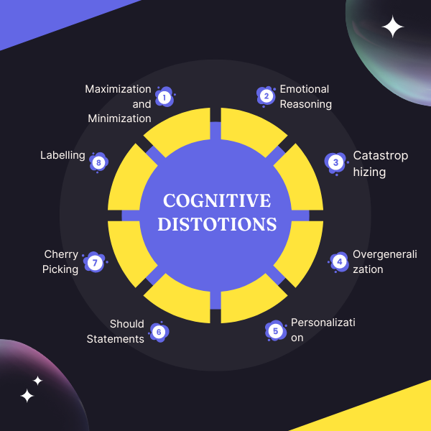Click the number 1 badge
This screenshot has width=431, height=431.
(x=164, y=97)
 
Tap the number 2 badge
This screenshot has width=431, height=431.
(x=266, y=96)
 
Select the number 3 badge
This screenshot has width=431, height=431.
(x=335, y=163)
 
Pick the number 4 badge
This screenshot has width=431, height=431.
(x=339, y=261)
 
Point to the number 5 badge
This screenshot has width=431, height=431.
(x=275, y=331)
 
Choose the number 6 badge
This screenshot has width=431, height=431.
(x=159, y=332)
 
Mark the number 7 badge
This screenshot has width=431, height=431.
(x=95, y=262)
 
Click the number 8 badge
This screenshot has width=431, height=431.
(x=98, y=162)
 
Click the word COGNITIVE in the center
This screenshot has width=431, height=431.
(x=217, y=200)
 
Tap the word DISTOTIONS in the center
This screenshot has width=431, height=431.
(x=217, y=224)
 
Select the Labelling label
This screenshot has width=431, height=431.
(x=62, y=155)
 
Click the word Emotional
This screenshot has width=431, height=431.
(x=305, y=89)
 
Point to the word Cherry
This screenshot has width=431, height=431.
(x=61, y=254)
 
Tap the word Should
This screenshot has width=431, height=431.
(x=127, y=324)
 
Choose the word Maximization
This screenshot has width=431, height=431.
(x=118, y=89)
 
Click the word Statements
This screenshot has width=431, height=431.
(x=116, y=339)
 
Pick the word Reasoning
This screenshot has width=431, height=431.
(x=306, y=104)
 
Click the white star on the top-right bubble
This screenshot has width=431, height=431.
(x=393, y=27)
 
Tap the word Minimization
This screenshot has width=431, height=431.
(x=119, y=119)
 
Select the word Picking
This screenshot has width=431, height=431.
(x=60, y=269)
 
